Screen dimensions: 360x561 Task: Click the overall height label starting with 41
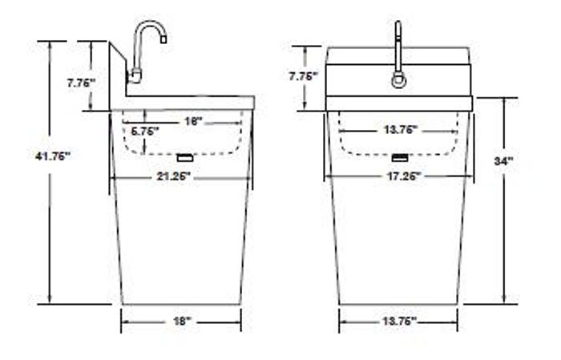pyautogui.click(x=53, y=156)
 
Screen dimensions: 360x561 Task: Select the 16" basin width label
pyautogui.click(x=192, y=121)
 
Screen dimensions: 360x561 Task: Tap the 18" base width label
pyautogui.click(x=182, y=321)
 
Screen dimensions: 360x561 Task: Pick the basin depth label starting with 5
pyautogui.click(x=145, y=130)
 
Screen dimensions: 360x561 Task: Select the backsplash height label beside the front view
pyautogui.click(x=305, y=76)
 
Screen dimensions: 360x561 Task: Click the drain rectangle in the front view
pyautogui.click(x=398, y=156)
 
